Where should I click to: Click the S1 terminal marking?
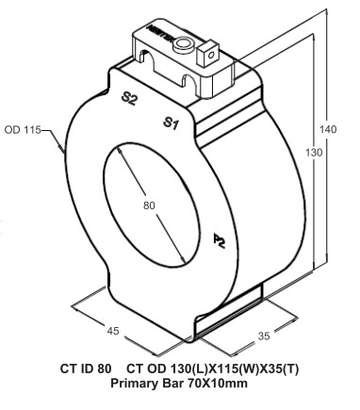click(172, 123)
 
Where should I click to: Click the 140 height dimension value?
click(327, 128)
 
